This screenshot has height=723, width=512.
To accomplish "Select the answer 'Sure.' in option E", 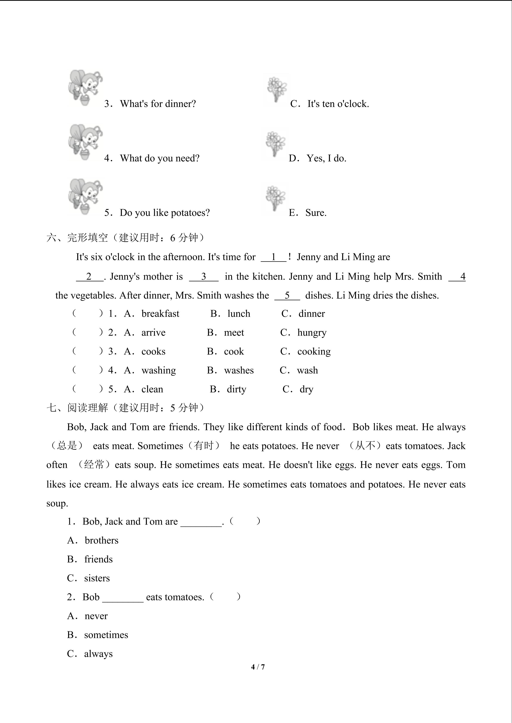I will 316,213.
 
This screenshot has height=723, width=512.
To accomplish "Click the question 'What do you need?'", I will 160,158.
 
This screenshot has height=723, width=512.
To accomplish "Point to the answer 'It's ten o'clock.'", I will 338,104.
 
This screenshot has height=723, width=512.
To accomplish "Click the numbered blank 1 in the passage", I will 273,257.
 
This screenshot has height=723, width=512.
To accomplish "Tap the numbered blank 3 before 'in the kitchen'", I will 203,277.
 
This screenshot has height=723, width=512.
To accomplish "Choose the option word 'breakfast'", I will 160,314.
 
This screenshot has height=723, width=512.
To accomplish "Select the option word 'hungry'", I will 312,333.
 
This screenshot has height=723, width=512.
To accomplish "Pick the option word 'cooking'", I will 314,352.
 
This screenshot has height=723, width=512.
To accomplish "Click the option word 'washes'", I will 239,370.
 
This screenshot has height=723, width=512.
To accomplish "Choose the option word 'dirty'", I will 237,389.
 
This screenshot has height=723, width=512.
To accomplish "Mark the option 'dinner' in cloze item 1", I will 312,314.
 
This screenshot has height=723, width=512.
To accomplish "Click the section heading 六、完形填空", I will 77,237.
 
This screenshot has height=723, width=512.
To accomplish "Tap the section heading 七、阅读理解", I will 77,408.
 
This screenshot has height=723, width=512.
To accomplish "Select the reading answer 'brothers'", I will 101,540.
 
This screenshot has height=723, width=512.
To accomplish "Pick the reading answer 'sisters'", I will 97,578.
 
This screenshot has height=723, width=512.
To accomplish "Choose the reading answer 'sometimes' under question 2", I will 106,635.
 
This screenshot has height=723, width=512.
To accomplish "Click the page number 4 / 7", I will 258,667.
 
